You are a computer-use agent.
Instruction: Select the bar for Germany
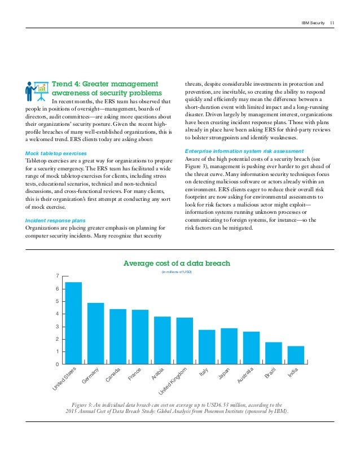[95, 333]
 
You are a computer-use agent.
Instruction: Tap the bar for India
[296, 355]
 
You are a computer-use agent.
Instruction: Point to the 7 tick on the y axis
[57, 275]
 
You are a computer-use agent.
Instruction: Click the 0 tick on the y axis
[57, 364]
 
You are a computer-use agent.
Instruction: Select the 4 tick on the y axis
[57, 314]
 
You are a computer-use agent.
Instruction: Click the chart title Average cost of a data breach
[177, 263]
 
